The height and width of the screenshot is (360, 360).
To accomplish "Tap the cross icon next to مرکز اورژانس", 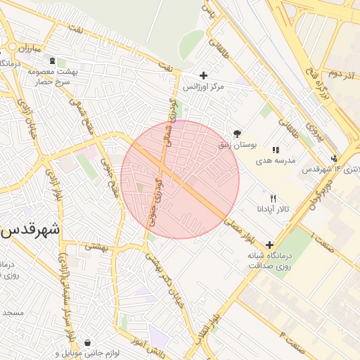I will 204,75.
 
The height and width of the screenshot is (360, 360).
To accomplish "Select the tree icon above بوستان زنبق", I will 237,133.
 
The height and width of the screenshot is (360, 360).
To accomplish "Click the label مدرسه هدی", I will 269,160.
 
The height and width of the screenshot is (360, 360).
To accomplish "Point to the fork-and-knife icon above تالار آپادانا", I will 273,199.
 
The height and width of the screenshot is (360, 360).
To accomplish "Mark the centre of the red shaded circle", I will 180,179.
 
